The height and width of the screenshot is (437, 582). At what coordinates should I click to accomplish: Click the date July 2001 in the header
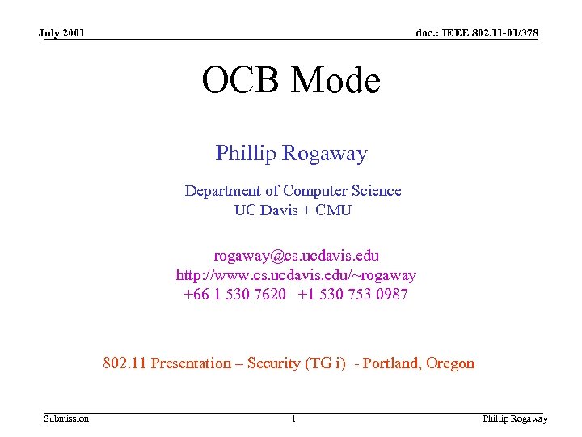(62, 33)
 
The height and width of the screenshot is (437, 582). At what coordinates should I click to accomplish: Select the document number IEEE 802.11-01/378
(477, 33)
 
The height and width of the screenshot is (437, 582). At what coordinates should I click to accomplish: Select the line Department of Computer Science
(293, 191)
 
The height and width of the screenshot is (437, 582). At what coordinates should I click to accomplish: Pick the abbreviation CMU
(335, 210)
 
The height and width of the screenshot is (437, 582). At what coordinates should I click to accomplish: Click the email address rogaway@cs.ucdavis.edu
(296, 256)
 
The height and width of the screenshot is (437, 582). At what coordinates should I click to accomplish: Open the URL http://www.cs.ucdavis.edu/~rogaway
(296, 275)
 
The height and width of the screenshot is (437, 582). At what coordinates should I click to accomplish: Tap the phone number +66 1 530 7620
(234, 295)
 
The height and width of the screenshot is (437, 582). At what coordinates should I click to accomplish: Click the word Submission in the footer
(66, 418)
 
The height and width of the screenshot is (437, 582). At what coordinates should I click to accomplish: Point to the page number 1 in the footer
(293, 418)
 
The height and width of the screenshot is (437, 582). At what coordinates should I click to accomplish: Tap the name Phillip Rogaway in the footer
(515, 418)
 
